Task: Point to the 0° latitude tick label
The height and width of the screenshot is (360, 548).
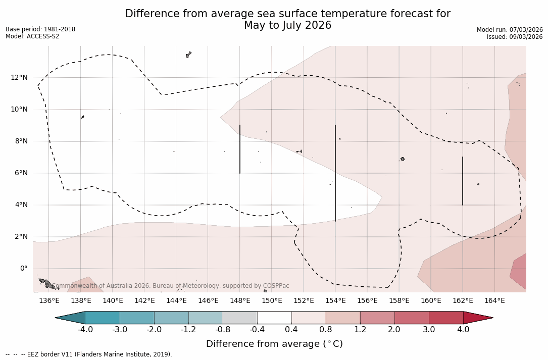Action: (x=23, y=268)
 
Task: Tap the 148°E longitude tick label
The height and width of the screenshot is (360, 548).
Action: (x=240, y=300)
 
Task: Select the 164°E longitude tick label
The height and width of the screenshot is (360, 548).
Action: (x=494, y=300)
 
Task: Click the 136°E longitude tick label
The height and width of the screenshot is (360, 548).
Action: (x=49, y=300)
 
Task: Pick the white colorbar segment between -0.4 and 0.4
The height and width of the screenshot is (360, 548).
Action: (x=274, y=318)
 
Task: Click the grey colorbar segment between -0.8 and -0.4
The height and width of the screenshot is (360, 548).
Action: (x=240, y=318)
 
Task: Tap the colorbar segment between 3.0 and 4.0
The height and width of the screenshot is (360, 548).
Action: (x=446, y=318)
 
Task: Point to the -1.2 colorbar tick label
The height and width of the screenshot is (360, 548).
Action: (x=188, y=330)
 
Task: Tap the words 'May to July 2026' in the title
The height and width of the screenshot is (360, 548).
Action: (x=287, y=25)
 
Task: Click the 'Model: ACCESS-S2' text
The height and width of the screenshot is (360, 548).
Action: (x=32, y=36)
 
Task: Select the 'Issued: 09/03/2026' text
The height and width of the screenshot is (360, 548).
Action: (x=515, y=37)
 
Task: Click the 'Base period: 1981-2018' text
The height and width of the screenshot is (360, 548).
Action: (x=40, y=29)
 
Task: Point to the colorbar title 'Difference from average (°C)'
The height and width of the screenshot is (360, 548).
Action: (x=274, y=344)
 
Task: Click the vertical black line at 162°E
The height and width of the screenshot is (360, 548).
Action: (x=463, y=181)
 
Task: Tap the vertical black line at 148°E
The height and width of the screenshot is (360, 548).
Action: (x=240, y=149)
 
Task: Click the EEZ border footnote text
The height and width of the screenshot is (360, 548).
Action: (x=89, y=354)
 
